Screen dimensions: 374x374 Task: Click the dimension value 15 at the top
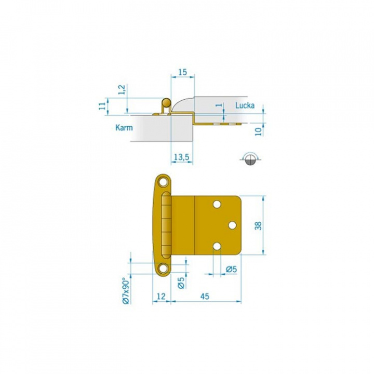pos(182,72)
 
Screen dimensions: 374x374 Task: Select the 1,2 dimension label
pos(122,89)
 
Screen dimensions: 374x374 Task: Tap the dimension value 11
pos(102,105)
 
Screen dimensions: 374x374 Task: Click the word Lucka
pos(245,105)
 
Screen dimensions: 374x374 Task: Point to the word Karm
pos(124,128)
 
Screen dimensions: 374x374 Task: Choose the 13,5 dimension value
pos(181,157)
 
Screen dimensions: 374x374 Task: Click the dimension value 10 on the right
pos(259,131)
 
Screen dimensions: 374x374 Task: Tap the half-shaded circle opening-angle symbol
pos(250,159)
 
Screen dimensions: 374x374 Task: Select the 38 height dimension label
pos(258,225)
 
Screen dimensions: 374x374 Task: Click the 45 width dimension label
pos(205,296)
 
